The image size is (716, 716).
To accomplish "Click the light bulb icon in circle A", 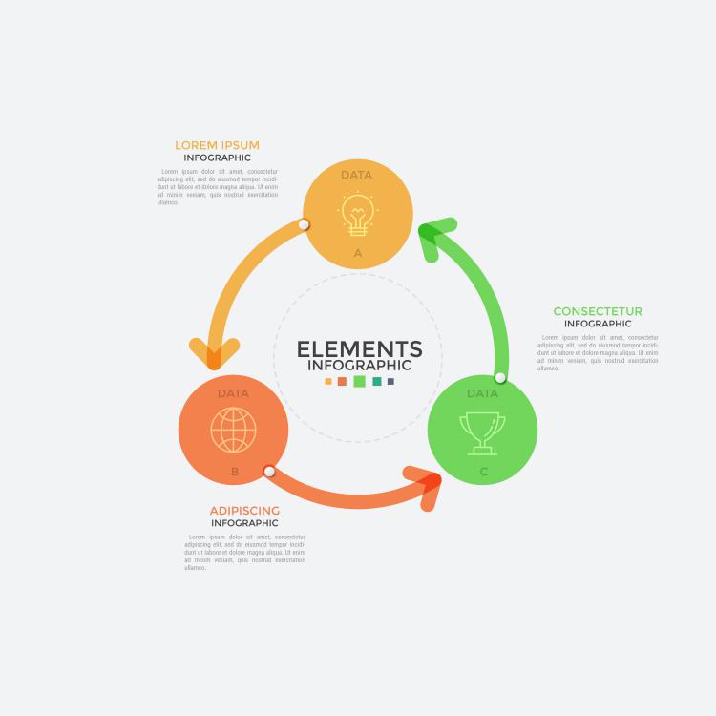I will (358, 214).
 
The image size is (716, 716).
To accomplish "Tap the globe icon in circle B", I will (234, 430).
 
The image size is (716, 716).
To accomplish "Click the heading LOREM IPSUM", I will (217, 145).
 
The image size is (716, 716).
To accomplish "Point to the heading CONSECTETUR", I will (598, 311).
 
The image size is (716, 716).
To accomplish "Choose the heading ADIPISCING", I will (244, 511).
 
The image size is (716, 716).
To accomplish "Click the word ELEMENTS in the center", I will (359, 349).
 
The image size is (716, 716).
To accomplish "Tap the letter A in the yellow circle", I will (358, 254).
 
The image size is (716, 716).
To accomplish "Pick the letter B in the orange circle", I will (235, 472).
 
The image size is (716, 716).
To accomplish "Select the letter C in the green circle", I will (483, 472).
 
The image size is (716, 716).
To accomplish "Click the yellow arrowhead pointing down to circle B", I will (214, 353).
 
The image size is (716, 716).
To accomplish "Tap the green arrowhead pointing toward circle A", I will (433, 234).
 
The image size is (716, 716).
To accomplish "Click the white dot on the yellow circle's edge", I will (304, 225).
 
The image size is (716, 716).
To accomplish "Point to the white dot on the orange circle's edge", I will (269, 472).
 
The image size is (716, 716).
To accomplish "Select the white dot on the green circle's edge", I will (500, 378).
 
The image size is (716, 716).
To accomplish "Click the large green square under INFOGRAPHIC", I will (359, 381).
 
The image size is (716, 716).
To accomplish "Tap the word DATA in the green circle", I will (482, 393).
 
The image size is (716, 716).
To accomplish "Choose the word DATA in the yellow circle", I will (356, 175).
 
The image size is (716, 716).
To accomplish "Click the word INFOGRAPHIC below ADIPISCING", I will (244, 523).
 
